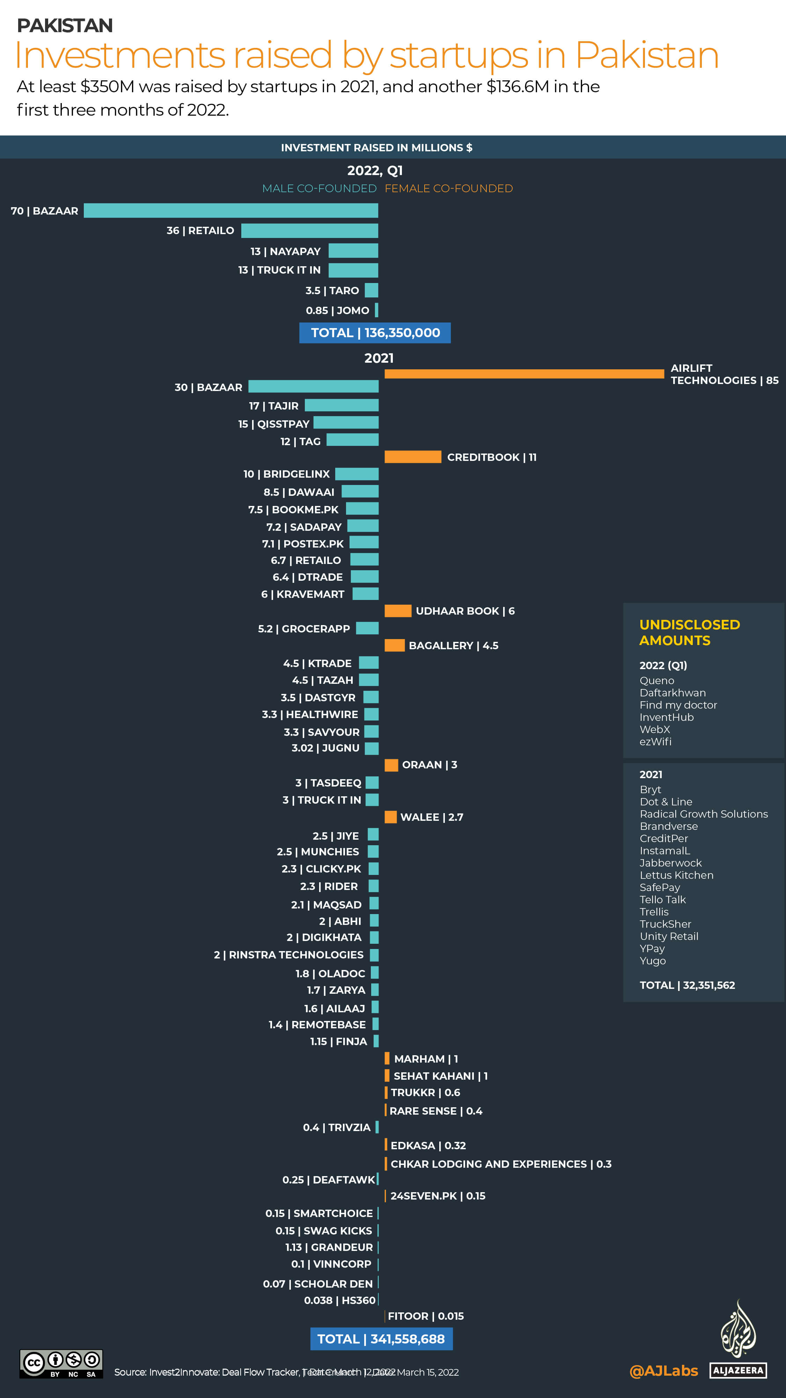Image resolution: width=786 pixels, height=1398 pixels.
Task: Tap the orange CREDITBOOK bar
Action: tap(412, 457)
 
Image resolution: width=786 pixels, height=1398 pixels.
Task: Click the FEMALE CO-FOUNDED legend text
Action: tap(449, 188)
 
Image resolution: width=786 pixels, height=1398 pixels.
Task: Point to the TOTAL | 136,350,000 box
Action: tap(375, 333)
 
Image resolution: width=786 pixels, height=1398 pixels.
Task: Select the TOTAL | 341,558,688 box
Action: tap(381, 1339)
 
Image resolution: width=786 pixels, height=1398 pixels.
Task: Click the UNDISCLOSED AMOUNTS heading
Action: tap(689, 632)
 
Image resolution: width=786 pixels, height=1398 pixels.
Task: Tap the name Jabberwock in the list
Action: tap(670, 863)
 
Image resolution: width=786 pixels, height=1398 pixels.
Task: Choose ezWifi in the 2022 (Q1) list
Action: tap(655, 741)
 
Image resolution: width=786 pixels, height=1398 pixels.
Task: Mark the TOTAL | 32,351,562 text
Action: tap(687, 985)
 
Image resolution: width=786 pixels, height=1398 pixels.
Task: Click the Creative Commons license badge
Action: tap(61, 1364)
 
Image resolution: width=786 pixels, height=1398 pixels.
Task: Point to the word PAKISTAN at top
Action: tap(65, 26)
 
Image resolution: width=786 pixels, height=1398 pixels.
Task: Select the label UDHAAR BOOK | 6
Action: tap(465, 611)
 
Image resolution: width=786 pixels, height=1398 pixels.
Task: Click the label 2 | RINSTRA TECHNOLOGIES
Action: tap(288, 955)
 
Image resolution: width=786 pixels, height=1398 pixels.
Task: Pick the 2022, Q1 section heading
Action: tap(375, 171)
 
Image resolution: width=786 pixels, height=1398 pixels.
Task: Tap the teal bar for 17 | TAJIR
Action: tap(341, 405)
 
